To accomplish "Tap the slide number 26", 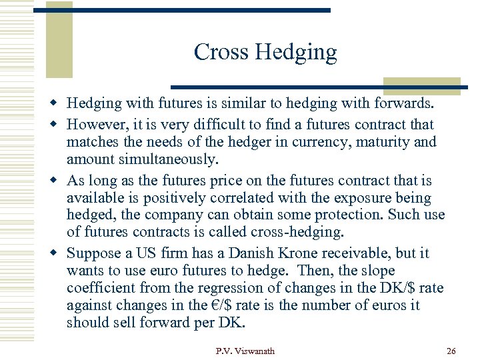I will [x=451, y=351].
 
